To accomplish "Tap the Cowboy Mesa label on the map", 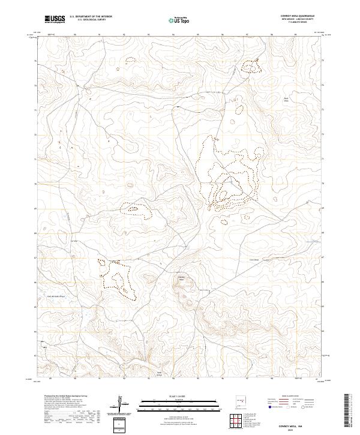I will coord(182,278).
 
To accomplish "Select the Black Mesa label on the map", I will coord(287,99).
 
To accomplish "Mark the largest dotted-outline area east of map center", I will coord(231,174).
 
